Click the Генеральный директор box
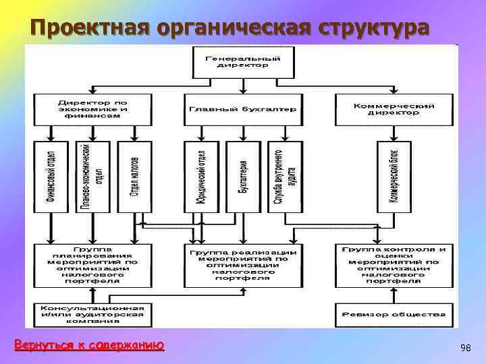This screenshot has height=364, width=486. [x=242, y=61]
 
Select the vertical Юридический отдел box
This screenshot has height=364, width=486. [x=200, y=177]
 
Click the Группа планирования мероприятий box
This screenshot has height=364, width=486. [x=92, y=265]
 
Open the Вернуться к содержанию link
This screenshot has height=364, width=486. [x=89, y=345]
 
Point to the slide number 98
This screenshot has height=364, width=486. [x=464, y=348]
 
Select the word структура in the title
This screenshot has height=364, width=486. [x=369, y=28]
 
